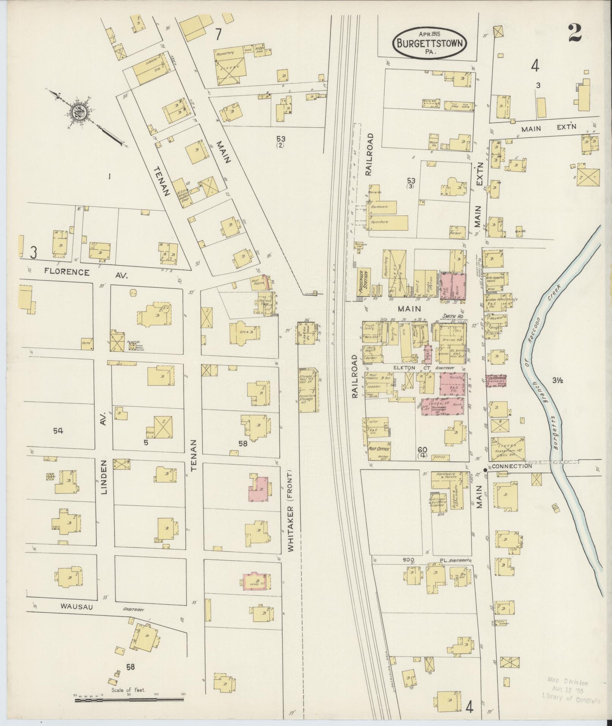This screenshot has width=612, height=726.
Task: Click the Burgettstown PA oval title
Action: pyautogui.click(x=430, y=43)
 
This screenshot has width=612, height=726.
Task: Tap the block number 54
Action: pyautogui.click(x=58, y=430)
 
